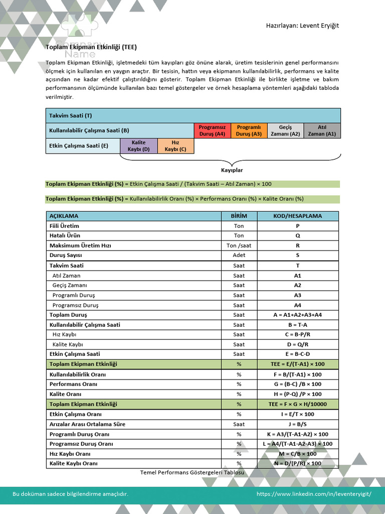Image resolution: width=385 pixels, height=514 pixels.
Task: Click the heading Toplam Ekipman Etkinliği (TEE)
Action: (91, 47)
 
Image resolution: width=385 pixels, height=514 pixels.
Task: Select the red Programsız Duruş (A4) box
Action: (212, 131)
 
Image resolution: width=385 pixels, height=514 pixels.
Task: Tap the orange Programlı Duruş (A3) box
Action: (249, 131)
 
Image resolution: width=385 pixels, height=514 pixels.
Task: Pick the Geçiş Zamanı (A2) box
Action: (285, 131)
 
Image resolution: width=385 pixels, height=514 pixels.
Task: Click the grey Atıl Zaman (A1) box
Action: (322, 131)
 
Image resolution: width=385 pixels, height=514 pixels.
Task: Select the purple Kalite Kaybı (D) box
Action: (138, 146)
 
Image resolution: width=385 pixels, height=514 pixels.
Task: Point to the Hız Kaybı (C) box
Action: (175, 146)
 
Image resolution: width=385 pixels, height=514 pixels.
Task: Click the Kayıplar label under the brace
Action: (232, 170)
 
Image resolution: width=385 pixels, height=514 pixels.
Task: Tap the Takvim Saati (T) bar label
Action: (71, 115)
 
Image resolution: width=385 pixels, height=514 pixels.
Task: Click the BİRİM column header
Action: (239, 216)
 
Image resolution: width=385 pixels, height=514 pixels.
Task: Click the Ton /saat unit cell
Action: (239, 245)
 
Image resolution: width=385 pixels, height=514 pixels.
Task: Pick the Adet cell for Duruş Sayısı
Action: (239, 255)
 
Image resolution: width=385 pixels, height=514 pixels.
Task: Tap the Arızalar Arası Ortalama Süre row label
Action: (87, 424)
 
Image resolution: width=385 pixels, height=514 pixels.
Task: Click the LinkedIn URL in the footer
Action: (314, 494)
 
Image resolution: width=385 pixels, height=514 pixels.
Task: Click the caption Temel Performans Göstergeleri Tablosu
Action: (192, 473)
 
